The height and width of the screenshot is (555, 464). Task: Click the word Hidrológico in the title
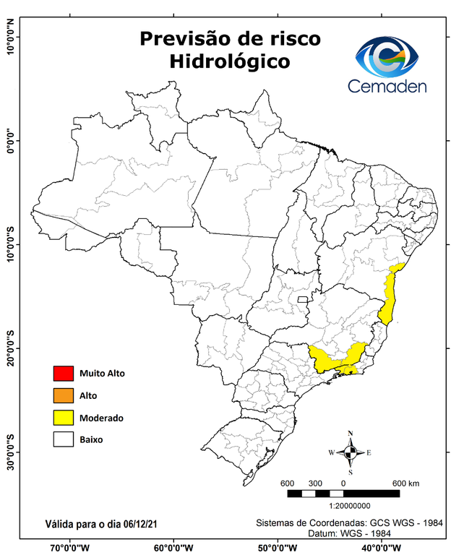230,62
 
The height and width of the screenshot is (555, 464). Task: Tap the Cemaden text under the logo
387,86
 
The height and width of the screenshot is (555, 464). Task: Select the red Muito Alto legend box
63,374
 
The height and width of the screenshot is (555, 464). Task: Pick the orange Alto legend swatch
63,395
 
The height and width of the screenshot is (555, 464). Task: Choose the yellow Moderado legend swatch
63,417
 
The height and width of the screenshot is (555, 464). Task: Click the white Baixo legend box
63,439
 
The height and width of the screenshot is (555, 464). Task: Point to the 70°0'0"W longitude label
70,547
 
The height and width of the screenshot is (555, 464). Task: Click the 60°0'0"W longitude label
173,547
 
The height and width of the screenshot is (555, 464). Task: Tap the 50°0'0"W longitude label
277,547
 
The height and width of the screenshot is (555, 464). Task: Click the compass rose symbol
351,452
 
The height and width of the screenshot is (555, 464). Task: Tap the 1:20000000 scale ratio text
351,507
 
